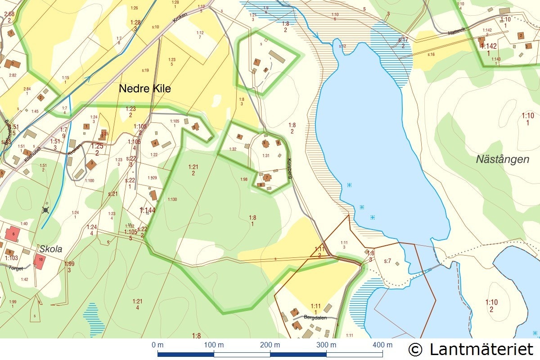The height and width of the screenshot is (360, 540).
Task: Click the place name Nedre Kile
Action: pos(144,89)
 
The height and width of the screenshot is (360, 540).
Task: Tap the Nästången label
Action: pos(503,159)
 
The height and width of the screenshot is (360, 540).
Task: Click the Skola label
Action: pos(50,249)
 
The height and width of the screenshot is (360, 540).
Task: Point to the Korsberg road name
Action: pos(290,169)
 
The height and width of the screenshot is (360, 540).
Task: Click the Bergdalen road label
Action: pos(315,317)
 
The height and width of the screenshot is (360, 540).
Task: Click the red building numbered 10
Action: pos(40,261)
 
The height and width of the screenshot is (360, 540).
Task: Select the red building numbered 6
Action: pos(13,234)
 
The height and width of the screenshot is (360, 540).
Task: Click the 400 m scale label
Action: pos(382,345)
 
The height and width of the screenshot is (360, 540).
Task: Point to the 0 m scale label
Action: pos(157,345)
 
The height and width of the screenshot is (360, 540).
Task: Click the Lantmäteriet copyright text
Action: pos(471,349)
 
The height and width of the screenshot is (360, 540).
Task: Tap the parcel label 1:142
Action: pos(488,46)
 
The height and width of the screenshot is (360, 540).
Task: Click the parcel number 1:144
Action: pos(147,210)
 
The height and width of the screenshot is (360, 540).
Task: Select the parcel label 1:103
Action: pos(11,258)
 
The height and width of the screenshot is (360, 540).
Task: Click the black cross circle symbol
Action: pos(45,210)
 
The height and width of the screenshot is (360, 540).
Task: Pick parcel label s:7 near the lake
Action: pos(387,261)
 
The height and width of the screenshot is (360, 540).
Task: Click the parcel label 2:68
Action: pos(9,14)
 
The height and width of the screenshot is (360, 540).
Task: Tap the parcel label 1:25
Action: pos(97,146)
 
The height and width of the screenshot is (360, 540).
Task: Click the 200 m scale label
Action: pos(270,345)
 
